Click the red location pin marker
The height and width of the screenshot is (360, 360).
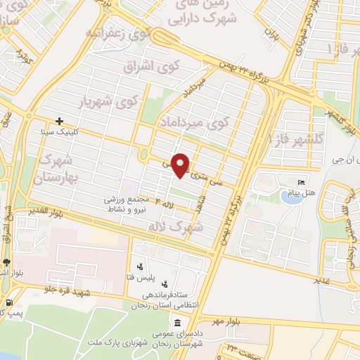point(181,165)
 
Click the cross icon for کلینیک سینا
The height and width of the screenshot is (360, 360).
point(59,121)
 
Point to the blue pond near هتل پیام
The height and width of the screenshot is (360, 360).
point(291,195)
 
